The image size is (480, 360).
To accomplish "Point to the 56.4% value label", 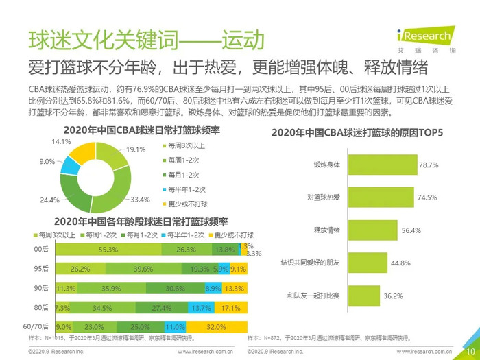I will pyautogui.click(x=411, y=230).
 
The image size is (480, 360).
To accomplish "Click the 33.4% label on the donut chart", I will pyautogui.click(x=140, y=200).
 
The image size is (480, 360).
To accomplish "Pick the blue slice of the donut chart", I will pyautogui.click(x=69, y=165).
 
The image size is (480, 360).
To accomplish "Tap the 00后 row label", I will pyautogui.click(x=41, y=250).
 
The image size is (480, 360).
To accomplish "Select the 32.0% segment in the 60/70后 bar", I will pyautogui.click(x=215, y=326).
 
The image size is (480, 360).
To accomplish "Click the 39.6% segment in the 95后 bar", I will pyautogui.click(x=143, y=269).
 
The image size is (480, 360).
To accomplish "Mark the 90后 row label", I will pyautogui.click(x=41, y=288).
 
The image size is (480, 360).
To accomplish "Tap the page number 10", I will pyautogui.click(x=470, y=350).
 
